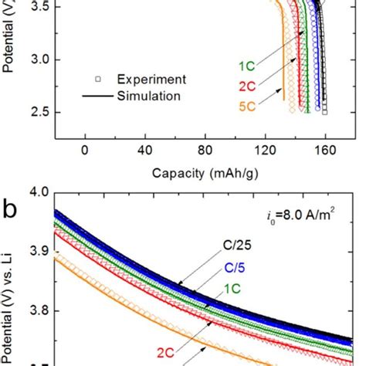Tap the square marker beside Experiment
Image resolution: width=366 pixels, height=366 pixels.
[x=98, y=79]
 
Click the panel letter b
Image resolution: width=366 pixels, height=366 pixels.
[x=11, y=206]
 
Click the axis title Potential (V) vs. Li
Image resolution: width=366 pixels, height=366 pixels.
[x=11, y=286]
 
